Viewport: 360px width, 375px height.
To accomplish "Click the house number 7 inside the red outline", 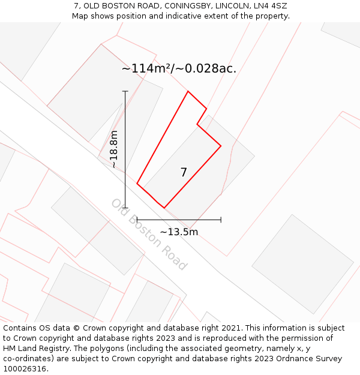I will pyautogui.click(x=184, y=173).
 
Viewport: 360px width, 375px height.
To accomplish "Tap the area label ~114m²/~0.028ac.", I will pyautogui.click(x=179, y=68).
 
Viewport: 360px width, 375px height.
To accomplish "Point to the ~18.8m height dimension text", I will pyautogui.click(x=114, y=149).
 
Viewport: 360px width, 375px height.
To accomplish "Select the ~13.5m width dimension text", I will pyautogui.click(x=179, y=232).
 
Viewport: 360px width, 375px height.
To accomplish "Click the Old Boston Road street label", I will pyautogui.click(x=149, y=234).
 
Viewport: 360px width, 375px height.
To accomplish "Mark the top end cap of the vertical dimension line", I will pyautogui.click(x=125, y=91).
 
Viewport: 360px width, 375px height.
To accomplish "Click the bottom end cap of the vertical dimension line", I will pyautogui.click(x=125, y=208).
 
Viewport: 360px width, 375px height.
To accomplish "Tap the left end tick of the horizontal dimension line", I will pyautogui.click(x=137, y=220).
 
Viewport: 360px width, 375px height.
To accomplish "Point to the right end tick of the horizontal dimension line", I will pyautogui.click(x=221, y=220).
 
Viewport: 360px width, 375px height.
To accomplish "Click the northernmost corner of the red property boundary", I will pyautogui.click(x=188, y=91).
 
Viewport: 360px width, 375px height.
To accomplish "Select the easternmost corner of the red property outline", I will pyautogui.click(x=221, y=146).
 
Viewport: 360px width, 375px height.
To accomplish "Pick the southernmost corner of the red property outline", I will pyautogui.click(x=164, y=208).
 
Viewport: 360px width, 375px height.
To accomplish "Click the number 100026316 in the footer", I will pyautogui.click(x=25, y=369).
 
